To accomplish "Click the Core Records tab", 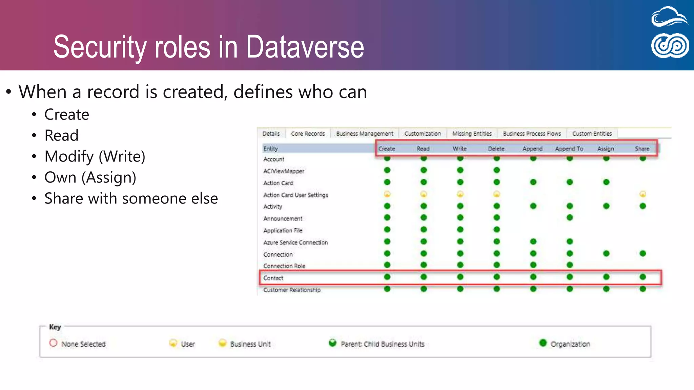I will point(308,134).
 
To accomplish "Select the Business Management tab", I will point(365,134).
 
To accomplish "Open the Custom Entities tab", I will point(592,134).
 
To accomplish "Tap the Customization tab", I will point(423,134).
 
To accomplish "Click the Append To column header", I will point(569,149).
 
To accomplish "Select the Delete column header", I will point(496,149).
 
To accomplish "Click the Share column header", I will point(642,149).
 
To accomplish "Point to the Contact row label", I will point(273,278).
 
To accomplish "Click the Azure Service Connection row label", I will point(295,242).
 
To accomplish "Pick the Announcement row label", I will point(283,218).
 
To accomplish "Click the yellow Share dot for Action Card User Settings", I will point(642,194).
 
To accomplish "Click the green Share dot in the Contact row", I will point(642,277).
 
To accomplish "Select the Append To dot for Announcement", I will point(570,217).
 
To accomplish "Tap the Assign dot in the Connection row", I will point(606,253).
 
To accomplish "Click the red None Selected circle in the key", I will point(53,343).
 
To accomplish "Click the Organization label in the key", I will point(570,344).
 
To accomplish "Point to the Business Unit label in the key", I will point(250,344).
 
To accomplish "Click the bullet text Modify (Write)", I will point(95,156).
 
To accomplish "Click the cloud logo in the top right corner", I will point(670,17).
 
